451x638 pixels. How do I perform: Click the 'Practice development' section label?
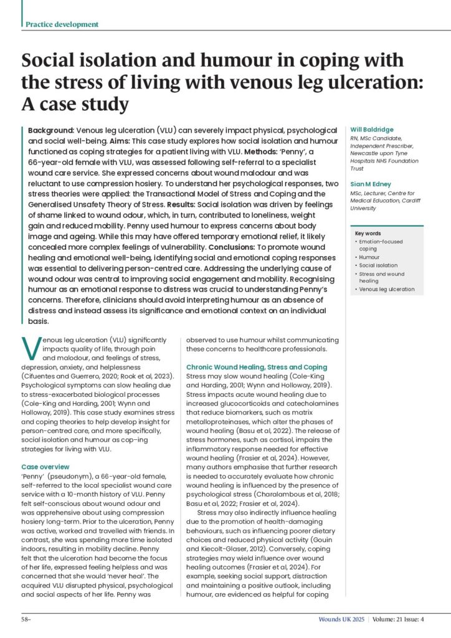click(62, 24)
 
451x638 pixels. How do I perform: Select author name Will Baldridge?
click(367, 130)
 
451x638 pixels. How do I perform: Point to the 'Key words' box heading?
click(368, 233)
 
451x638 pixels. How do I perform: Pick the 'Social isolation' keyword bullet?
click(377, 265)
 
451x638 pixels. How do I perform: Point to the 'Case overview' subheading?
click(45, 466)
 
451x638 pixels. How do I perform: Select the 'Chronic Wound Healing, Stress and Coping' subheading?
click(256, 367)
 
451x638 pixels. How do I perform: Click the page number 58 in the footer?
click(25, 620)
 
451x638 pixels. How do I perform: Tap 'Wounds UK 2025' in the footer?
click(338, 620)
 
